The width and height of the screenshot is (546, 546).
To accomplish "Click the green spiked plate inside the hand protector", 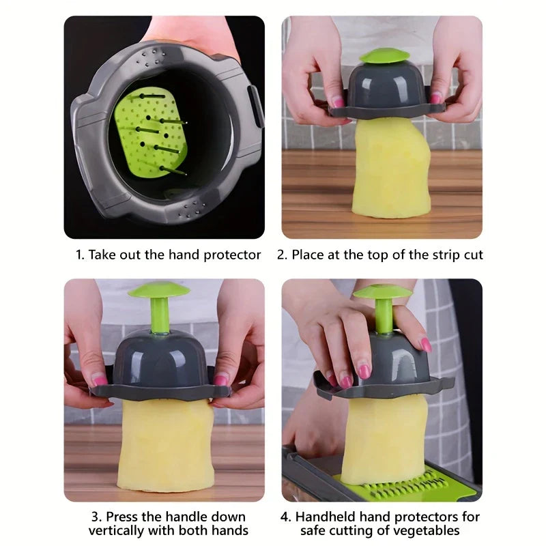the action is tap(150, 134).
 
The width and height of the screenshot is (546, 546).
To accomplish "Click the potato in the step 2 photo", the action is tap(391, 168).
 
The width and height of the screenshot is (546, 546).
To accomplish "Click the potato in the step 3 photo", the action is tap(165, 446).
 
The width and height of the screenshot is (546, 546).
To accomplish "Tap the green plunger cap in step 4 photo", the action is tap(382, 291).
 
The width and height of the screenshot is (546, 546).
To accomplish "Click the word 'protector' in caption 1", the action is tap(232, 255).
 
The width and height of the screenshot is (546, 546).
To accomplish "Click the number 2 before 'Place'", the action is tap(281, 255).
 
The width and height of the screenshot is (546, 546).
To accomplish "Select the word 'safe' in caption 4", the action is tap(313, 531).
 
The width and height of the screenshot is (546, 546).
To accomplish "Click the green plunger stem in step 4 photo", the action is tap(383, 316).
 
